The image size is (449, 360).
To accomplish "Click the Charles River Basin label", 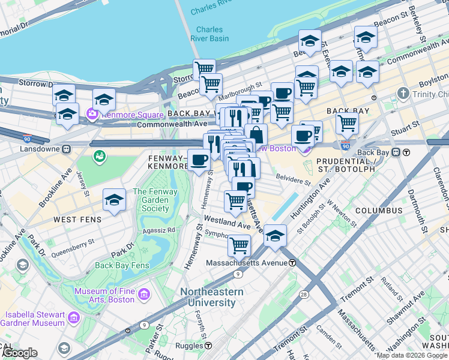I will click(209, 34).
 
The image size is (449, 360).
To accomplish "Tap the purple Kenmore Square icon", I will click(92, 113).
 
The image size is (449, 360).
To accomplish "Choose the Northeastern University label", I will click(212, 297).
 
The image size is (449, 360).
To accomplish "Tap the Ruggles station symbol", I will click(208, 346).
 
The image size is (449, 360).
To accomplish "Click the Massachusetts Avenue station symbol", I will click(292, 263).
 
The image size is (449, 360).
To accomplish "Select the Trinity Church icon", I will click(403, 94).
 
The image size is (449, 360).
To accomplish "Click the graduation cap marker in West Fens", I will click(113, 200).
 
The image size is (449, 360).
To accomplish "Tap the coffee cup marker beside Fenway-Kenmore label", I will click(199, 160).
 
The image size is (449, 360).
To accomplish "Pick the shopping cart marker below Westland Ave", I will click(239, 245).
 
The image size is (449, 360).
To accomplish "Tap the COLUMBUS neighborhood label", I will click(378, 211).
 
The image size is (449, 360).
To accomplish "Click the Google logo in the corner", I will click(19, 353).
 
